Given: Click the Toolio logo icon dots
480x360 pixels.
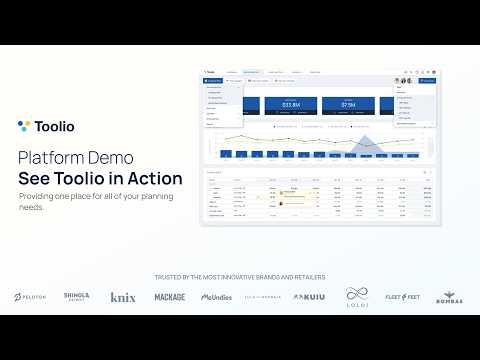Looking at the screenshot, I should (x=24, y=126).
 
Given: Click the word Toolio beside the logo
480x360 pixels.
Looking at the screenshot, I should (x=55, y=126).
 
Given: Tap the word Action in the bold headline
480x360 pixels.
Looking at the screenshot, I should (x=152, y=179).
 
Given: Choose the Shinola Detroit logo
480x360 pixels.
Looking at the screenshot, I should (x=77, y=297).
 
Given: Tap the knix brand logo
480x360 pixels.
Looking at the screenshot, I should (x=123, y=297).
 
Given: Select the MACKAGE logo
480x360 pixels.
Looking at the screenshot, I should (x=169, y=297).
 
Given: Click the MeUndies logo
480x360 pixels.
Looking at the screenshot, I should (x=216, y=297).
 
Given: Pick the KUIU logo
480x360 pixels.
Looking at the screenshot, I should (x=309, y=297).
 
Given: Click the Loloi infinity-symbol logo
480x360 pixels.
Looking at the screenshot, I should (x=357, y=296).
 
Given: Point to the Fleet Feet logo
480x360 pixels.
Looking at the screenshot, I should (x=402, y=297).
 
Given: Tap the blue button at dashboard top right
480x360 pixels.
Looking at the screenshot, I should (x=429, y=80).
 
